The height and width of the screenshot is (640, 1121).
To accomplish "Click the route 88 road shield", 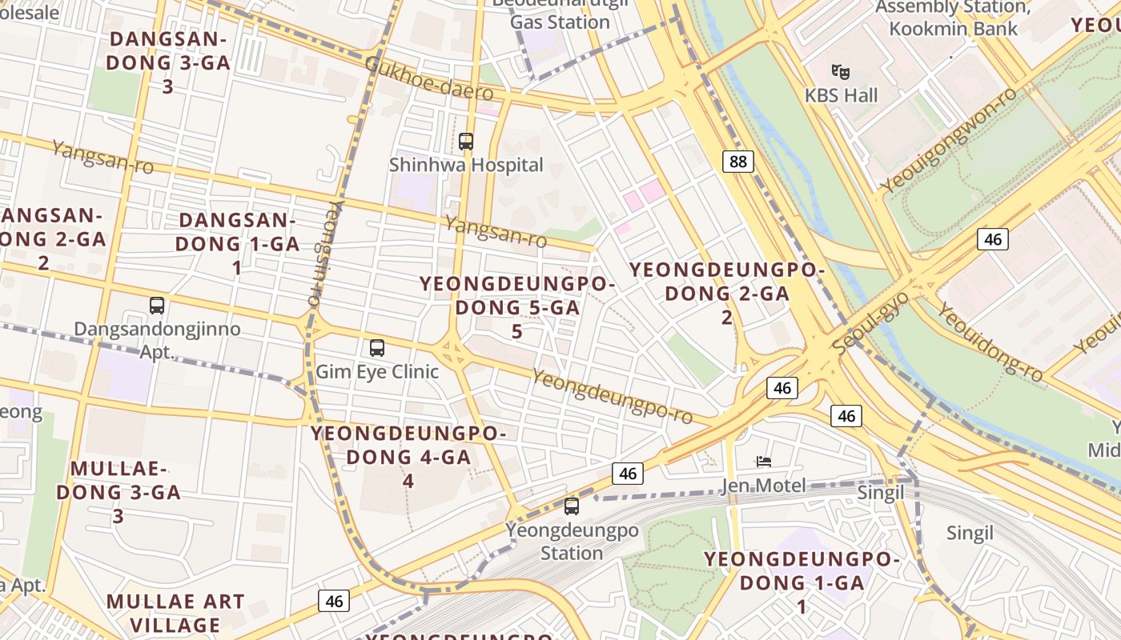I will click(737, 162).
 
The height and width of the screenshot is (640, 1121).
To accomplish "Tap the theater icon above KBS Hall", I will click(840, 72).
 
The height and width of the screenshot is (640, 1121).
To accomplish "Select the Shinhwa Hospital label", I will click(466, 165).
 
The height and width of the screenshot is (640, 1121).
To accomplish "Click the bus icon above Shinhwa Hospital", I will click(466, 142).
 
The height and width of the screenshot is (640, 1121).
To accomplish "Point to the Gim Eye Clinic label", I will click(377, 371).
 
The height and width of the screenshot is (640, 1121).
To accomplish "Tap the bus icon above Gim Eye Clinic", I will click(377, 348).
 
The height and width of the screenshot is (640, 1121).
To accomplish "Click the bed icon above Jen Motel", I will click(764, 462).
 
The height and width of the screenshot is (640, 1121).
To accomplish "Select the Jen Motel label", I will click(763, 486).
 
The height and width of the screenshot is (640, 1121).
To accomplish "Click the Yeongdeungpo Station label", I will click(572, 542).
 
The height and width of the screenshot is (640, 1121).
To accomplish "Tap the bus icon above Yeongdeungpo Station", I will click(572, 506).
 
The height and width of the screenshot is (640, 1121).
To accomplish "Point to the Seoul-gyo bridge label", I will click(870, 324).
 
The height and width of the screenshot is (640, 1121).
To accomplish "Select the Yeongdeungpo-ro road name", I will click(613, 397).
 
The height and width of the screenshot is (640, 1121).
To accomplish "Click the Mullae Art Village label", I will click(175, 613).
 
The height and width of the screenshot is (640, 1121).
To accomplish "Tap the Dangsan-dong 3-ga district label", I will click(168, 62).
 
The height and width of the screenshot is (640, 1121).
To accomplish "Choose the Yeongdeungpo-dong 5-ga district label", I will click(517, 307).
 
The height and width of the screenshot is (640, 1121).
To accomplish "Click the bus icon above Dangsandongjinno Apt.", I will click(157, 305).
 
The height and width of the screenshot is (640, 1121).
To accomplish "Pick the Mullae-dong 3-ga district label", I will click(119, 492).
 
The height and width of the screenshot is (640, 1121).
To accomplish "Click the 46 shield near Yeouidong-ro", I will click(993, 238).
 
